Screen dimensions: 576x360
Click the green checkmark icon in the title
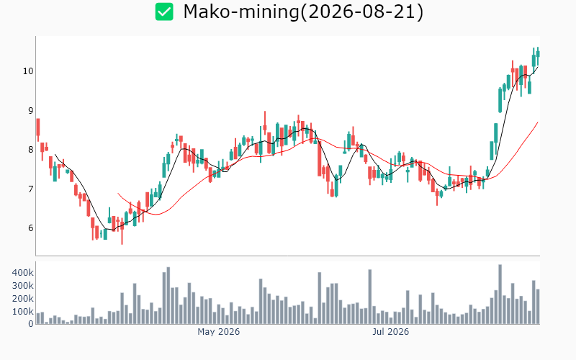164,12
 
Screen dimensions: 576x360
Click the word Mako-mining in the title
241,12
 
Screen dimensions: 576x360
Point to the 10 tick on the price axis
28,71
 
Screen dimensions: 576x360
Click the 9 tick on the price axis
30,111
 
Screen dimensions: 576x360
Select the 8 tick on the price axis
30,150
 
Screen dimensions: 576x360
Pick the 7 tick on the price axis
30,189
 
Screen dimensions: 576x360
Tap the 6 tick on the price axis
30,228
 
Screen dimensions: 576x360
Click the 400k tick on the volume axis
23,273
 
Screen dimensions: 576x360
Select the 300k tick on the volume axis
23,286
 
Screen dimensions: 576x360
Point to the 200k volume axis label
23,299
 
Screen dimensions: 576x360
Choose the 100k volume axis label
23,312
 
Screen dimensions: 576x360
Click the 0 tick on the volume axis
31,324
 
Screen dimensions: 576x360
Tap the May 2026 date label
219,332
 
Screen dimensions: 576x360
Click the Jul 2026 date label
390,332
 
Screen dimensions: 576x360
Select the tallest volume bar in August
500,294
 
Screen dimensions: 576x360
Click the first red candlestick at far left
38,128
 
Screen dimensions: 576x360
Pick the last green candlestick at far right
538,53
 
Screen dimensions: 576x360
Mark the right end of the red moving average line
538,122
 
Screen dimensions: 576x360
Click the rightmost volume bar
538,307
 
